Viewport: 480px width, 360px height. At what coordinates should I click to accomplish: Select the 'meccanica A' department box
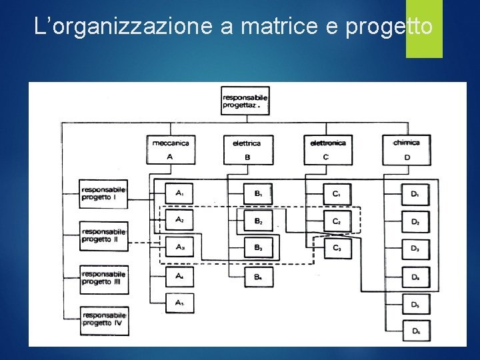point(171,149)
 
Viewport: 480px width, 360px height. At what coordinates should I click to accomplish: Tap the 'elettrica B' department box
point(247,149)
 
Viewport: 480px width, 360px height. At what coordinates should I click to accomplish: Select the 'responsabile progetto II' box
point(103,235)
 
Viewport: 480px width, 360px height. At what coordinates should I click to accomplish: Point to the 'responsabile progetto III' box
point(103,277)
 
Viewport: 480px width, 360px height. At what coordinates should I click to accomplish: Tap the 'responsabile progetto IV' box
point(103,319)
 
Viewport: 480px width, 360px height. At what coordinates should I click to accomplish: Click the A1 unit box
point(179,193)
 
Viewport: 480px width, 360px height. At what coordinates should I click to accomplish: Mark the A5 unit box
point(179,303)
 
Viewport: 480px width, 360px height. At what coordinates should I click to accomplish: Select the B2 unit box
point(258,221)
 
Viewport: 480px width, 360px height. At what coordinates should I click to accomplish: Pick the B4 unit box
point(258,276)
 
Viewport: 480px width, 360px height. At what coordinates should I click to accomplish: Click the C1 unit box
point(337,193)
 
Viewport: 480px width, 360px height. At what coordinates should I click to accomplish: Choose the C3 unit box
point(337,249)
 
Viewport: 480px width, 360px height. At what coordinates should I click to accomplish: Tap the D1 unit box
point(415,193)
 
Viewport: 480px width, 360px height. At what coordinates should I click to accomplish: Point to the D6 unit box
point(415,331)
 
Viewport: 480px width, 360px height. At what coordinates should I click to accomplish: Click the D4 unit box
point(415,276)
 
